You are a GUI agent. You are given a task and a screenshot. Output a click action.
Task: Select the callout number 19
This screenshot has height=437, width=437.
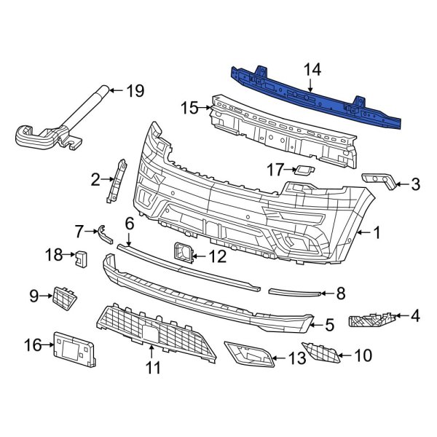(135, 91)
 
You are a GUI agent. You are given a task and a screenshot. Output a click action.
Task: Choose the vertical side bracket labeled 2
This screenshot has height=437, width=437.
(115, 180)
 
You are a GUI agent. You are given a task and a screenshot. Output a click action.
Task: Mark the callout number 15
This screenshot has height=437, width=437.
(189, 108)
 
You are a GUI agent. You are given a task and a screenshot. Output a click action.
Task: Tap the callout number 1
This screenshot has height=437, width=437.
(377, 233)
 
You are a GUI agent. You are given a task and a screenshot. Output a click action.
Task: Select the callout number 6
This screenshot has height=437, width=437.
(129, 224)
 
